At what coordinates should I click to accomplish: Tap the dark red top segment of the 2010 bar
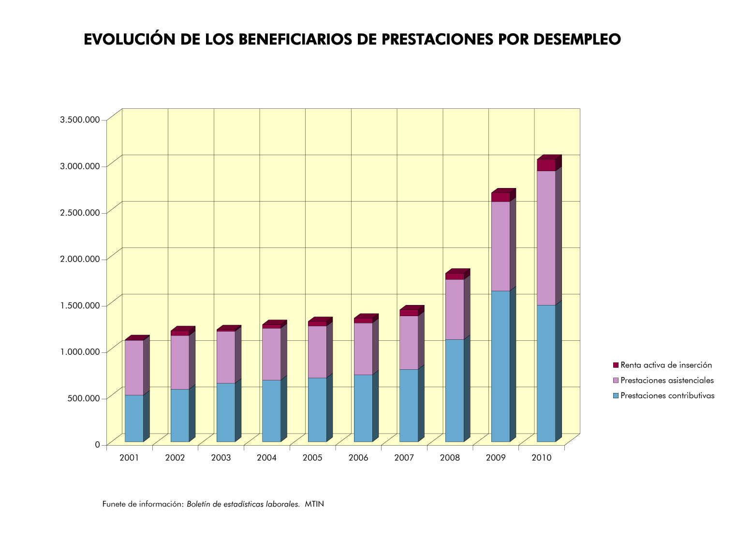[x=546, y=165]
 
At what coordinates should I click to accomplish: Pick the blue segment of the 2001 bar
[x=134, y=418]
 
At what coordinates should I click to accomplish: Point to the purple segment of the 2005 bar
[x=317, y=352]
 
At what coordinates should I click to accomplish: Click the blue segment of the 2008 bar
[x=455, y=391]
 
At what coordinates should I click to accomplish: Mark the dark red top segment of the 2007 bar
[x=409, y=313]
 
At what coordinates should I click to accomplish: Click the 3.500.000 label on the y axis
[x=80, y=119]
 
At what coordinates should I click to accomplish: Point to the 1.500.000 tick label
[x=80, y=305]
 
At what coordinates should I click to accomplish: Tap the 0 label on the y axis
[x=97, y=444]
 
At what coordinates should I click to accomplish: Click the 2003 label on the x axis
[x=221, y=458]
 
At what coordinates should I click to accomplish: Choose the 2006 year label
[x=358, y=458]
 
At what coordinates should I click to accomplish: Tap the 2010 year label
[x=542, y=458]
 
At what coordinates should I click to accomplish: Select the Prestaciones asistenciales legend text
[x=667, y=380]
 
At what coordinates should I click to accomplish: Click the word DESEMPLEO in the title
[x=577, y=40]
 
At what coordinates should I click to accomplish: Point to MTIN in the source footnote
[x=314, y=504]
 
